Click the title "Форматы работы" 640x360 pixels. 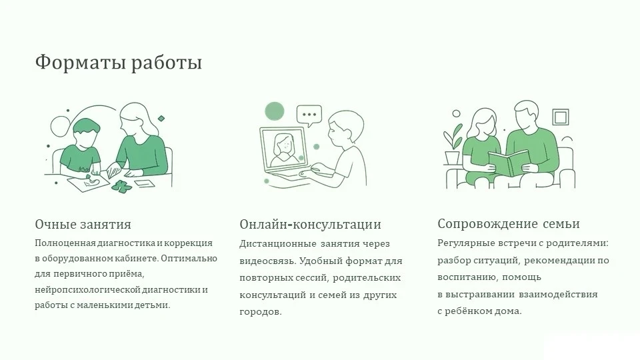pos(119,63)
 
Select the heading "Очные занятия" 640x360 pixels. pos(83,224)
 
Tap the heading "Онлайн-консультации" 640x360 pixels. pos(310,224)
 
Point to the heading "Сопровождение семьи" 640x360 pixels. pos(509,224)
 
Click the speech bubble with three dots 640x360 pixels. pos(309,115)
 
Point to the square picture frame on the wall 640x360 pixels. pos(561,117)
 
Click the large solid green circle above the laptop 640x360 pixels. pos(274,111)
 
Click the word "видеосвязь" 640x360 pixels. pos(267,261)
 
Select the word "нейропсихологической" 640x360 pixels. pos(87,290)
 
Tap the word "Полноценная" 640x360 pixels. pos(65,243)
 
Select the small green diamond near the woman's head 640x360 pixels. pos(161,119)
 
